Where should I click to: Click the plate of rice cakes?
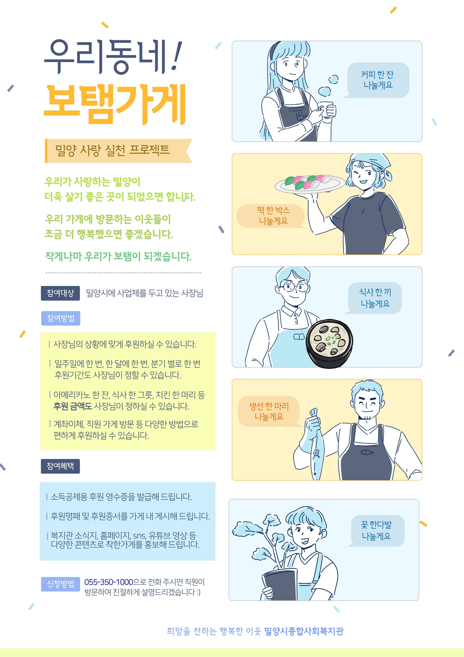[310, 184]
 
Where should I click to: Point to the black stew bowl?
[329, 343]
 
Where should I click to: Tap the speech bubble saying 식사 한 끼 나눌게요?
[374, 298]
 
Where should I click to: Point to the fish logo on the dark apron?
[367, 452]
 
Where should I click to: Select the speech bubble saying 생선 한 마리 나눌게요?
[269, 411]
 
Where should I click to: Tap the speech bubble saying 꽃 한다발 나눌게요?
[377, 531]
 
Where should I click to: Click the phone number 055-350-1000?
[109, 582]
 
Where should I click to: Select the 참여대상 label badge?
[60, 293]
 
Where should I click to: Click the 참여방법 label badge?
[61, 318]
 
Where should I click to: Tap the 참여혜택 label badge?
[60, 466]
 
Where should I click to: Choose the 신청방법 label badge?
[60, 584]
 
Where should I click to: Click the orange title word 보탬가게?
[115, 104]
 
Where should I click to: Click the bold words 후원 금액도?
[72, 406]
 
